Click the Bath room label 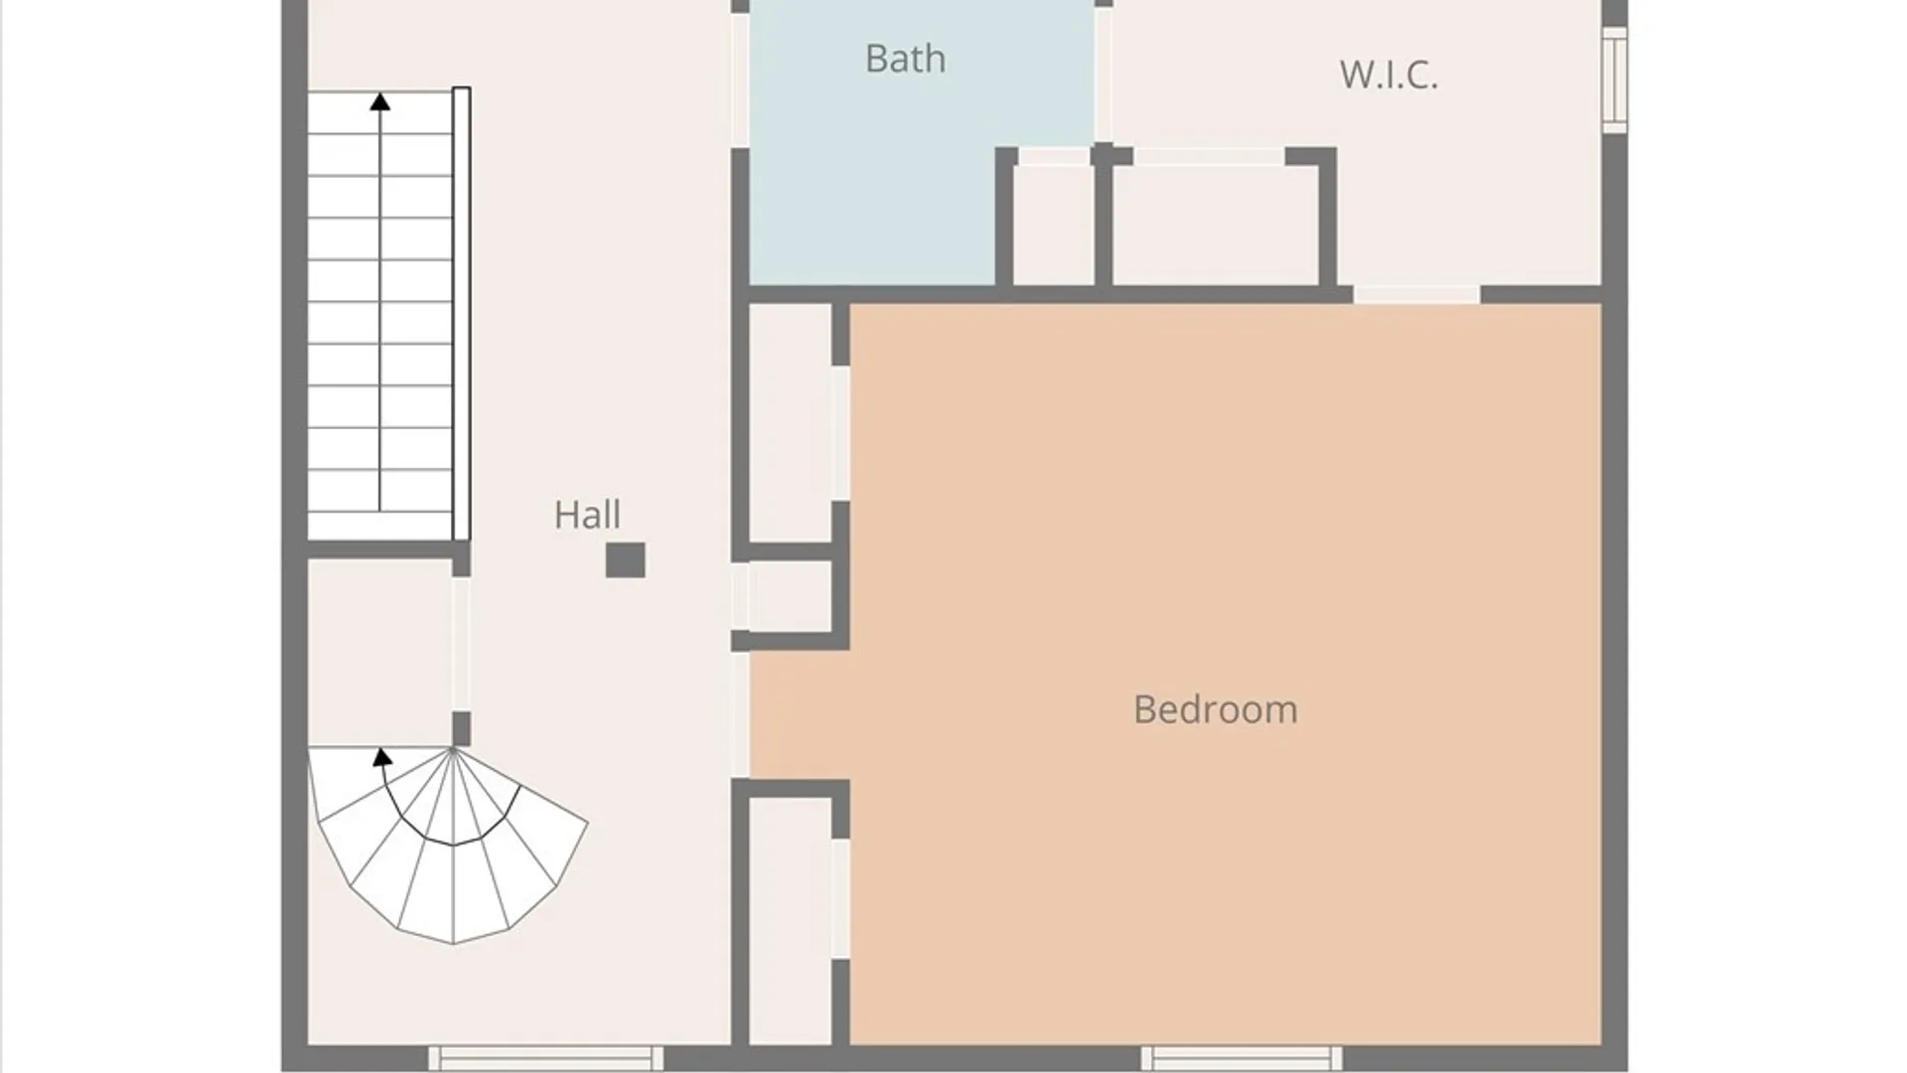pyautogui.click(x=905, y=59)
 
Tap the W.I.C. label pyautogui.click(x=1389, y=75)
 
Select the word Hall pyautogui.click(x=587, y=515)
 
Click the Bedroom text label pyautogui.click(x=1215, y=709)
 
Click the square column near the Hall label pyautogui.click(x=626, y=560)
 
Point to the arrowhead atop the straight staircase pyautogui.click(x=379, y=101)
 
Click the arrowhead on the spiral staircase pyautogui.click(x=382, y=757)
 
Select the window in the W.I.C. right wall pyautogui.click(x=1615, y=79)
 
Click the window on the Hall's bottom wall pyautogui.click(x=545, y=1058)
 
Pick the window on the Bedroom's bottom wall pyautogui.click(x=1242, y=1058)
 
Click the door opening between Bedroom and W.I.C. pyautogui.click(x=1416, y=294)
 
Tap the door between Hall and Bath pyautogui.click(x=740, y=80)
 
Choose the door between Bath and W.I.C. pyautogui.click(x=1102, y=75)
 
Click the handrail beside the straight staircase pyautogui.click(x=461, y=314)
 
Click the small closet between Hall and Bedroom pyautogui.click(x=791, y=596)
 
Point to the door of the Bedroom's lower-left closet pyautogui.click(x=840, y=899)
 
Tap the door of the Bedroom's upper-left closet pyautogui.click(x=840, y=433)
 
